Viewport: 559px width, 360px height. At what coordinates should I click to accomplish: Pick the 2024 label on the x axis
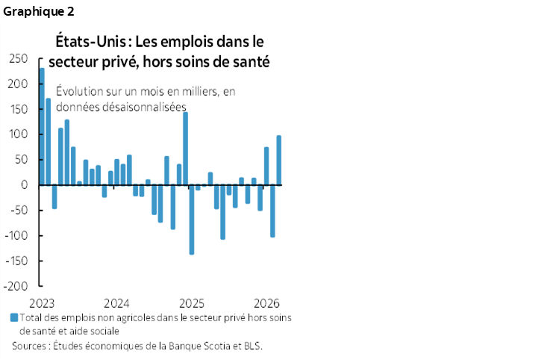pos(117,303)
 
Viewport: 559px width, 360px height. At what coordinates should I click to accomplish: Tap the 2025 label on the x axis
pos(192,303)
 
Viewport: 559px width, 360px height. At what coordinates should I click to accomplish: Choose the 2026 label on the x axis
pos(266,303)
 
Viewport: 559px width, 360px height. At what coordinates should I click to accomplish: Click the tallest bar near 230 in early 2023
pos(42,126)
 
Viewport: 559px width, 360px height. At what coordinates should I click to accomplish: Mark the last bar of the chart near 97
pos(279,160)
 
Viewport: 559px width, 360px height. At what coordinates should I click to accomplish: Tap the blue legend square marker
pos(13,317)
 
